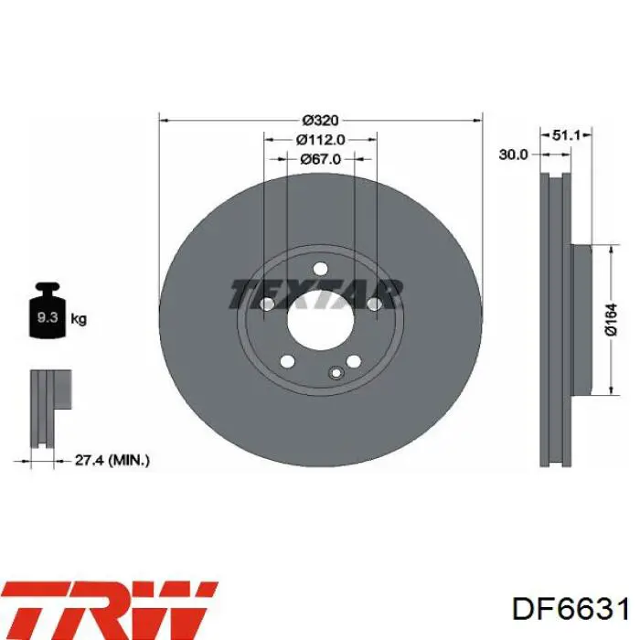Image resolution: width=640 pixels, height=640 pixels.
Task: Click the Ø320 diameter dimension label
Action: (x=320, y=121)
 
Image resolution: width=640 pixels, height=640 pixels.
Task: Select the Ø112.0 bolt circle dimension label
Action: (x=320, y=140)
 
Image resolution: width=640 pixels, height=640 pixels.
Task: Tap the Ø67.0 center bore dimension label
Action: (x=320, y=159)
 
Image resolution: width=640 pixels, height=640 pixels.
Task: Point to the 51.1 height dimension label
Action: (x=566, y=134)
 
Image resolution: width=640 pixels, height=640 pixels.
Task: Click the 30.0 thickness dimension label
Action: (x=513, y=155)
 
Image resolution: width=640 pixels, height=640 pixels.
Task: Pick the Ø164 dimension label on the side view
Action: (x=611, y=320)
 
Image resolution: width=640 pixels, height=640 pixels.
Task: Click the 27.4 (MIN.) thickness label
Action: (x=112, y=461)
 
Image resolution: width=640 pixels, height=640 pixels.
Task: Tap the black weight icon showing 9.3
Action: (x=48, y=310)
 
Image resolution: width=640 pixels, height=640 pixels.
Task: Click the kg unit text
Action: (x=79, y=318)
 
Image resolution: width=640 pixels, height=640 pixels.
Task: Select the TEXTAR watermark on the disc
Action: (x=315, y=293)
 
